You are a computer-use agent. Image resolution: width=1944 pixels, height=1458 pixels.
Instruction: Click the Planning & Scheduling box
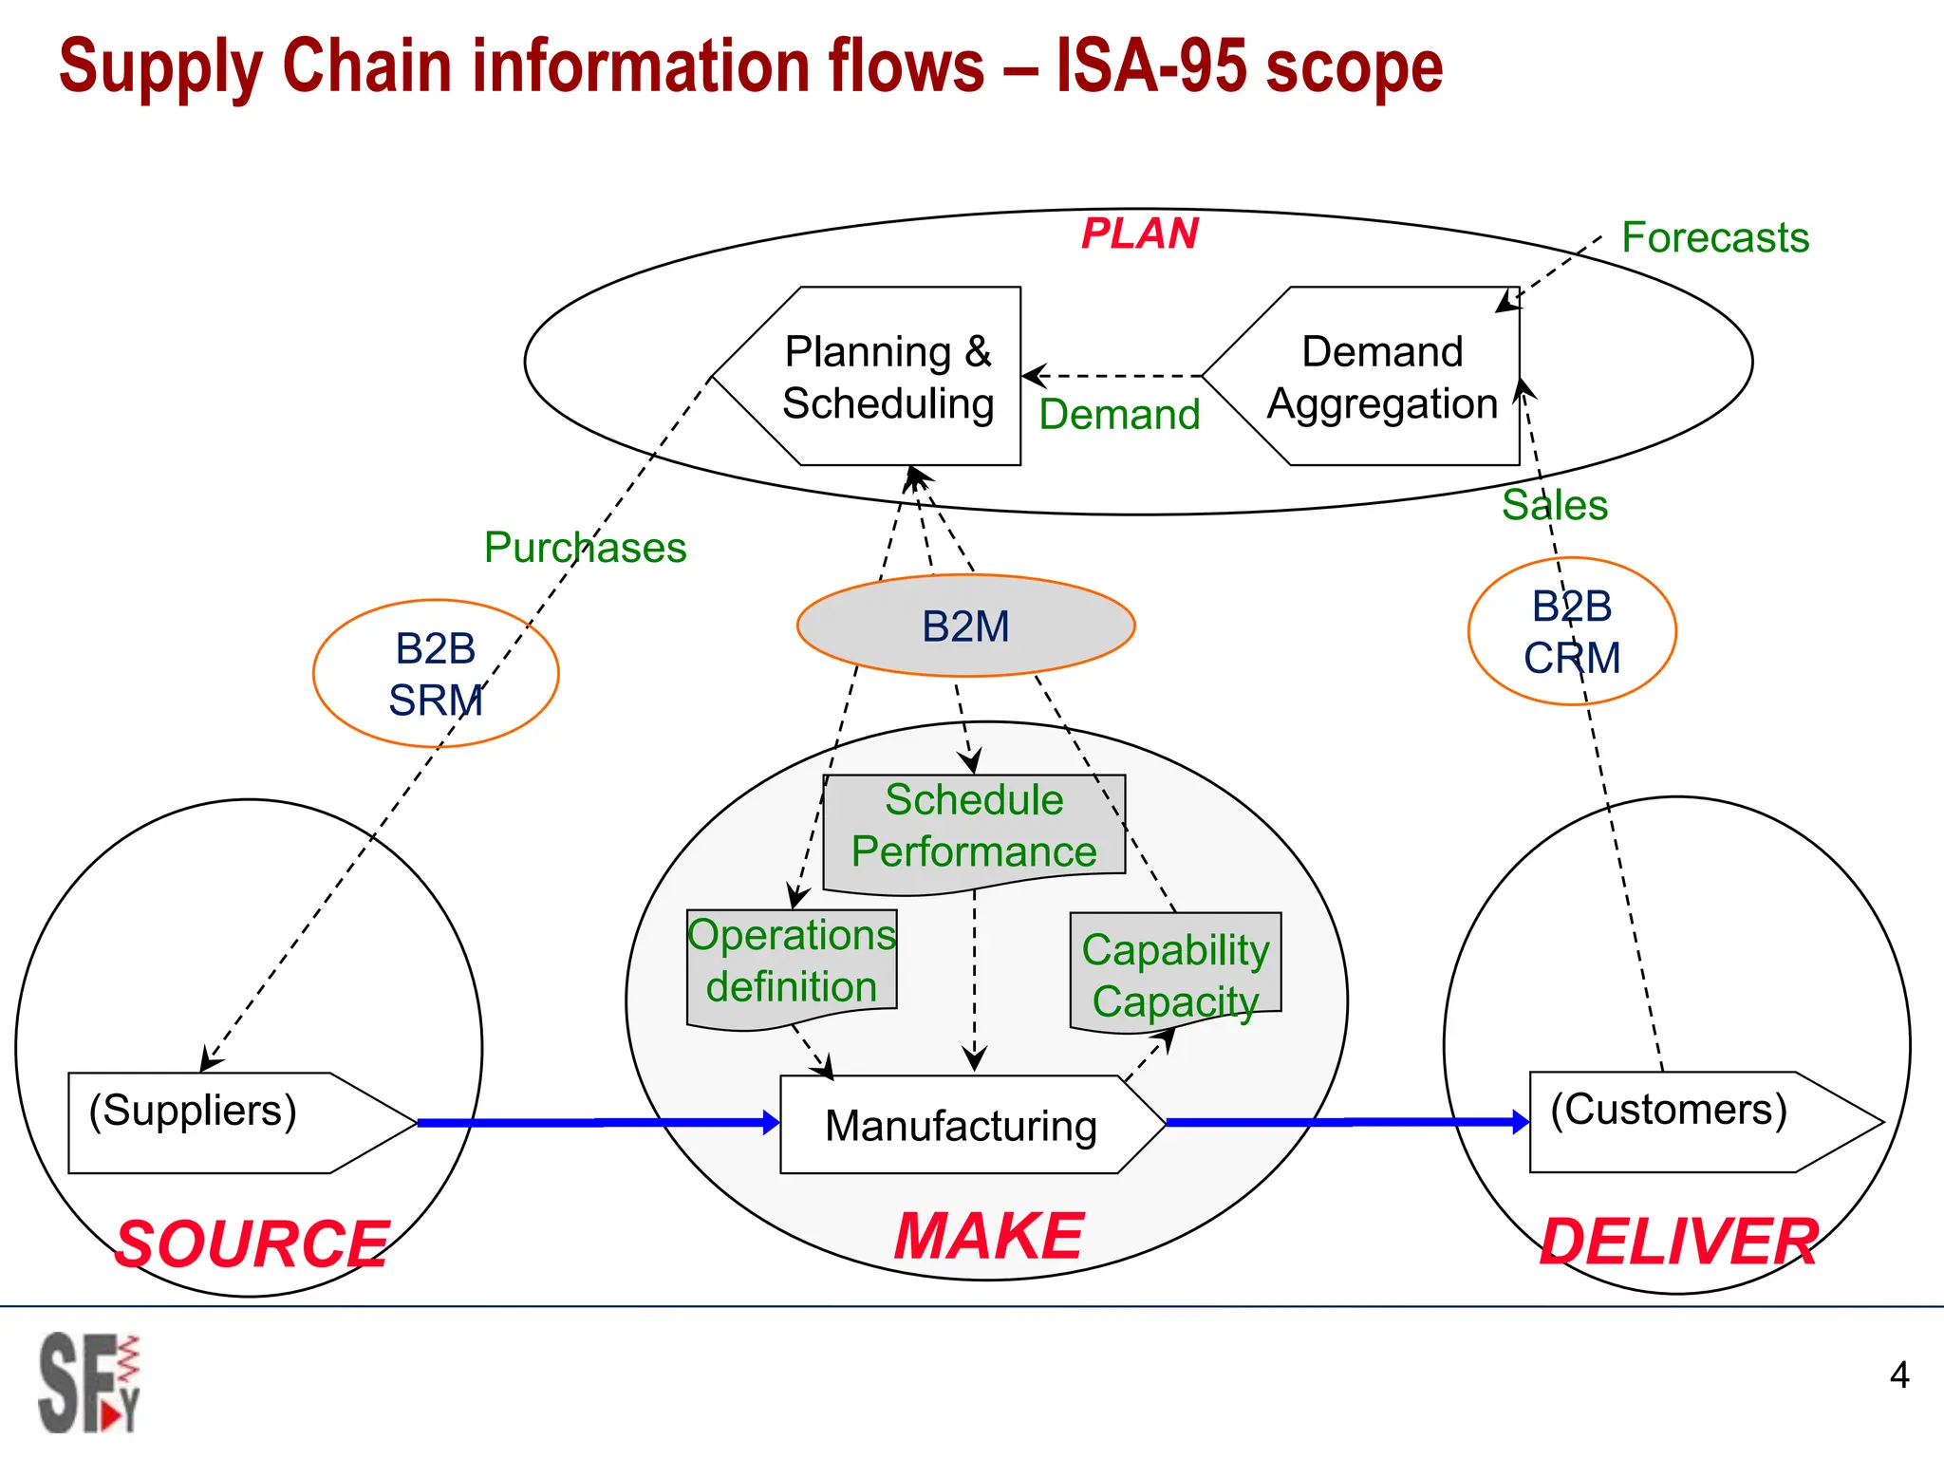click(x=888, y=377)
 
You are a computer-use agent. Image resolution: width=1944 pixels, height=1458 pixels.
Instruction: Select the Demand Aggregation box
click(x=1381, y=377)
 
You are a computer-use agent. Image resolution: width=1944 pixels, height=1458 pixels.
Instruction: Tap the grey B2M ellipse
click(x=965, y=626)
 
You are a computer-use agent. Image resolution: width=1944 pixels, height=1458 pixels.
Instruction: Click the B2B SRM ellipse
click(x=436, y=674)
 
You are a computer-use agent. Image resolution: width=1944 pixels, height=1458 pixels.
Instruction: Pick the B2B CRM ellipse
click(x=1572, y=631)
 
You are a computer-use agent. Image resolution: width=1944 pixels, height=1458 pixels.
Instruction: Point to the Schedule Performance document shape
click(x=974, y=827)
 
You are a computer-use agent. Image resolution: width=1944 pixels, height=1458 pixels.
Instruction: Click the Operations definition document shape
click(x=791, y=962)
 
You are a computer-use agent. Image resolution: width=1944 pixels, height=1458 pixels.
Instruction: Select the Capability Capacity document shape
click(x=1175, y=974)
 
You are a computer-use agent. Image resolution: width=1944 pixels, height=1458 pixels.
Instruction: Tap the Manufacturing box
click(x=961, y=1126)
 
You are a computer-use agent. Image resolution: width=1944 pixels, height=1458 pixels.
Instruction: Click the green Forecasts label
click(x=1714, y=237)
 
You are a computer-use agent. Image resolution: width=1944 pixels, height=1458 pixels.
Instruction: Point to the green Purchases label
click(x=585, y=548)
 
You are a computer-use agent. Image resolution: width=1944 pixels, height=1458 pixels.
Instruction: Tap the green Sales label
click(x=1555, y=505)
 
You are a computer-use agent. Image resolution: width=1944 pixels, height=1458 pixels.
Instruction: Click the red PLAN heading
click(x=1140, y=234)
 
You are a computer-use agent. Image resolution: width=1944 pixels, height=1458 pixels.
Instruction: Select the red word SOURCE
click(x=252, y=1244)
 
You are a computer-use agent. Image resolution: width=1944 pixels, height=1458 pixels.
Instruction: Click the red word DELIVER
click(x=1678, y=1243)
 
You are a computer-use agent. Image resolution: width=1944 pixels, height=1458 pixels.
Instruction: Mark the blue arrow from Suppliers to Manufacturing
click(x=598, y=1123)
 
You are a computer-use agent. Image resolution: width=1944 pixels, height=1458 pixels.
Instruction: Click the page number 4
click(x=1898, y=1374)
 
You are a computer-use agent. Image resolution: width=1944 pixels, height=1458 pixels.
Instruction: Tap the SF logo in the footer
click(x=88, y=1383)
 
